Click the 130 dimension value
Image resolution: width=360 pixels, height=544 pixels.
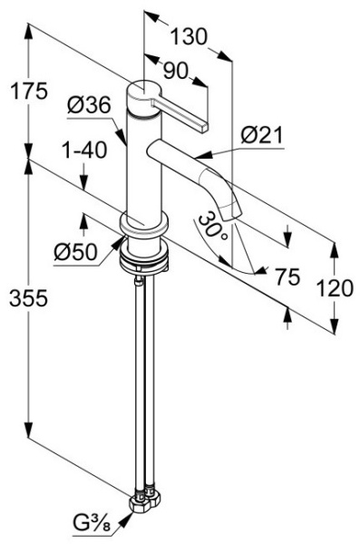189,36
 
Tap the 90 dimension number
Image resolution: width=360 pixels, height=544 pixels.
175,71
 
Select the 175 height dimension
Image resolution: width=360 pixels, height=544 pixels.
29,92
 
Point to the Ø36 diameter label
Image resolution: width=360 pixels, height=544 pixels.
89,104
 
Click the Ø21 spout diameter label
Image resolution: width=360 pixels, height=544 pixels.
262,135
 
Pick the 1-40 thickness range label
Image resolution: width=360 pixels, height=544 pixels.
84,151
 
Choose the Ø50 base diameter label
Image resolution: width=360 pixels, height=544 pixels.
75,251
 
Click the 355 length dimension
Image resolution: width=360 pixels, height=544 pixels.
28,298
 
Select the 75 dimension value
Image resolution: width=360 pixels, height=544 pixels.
287,277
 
